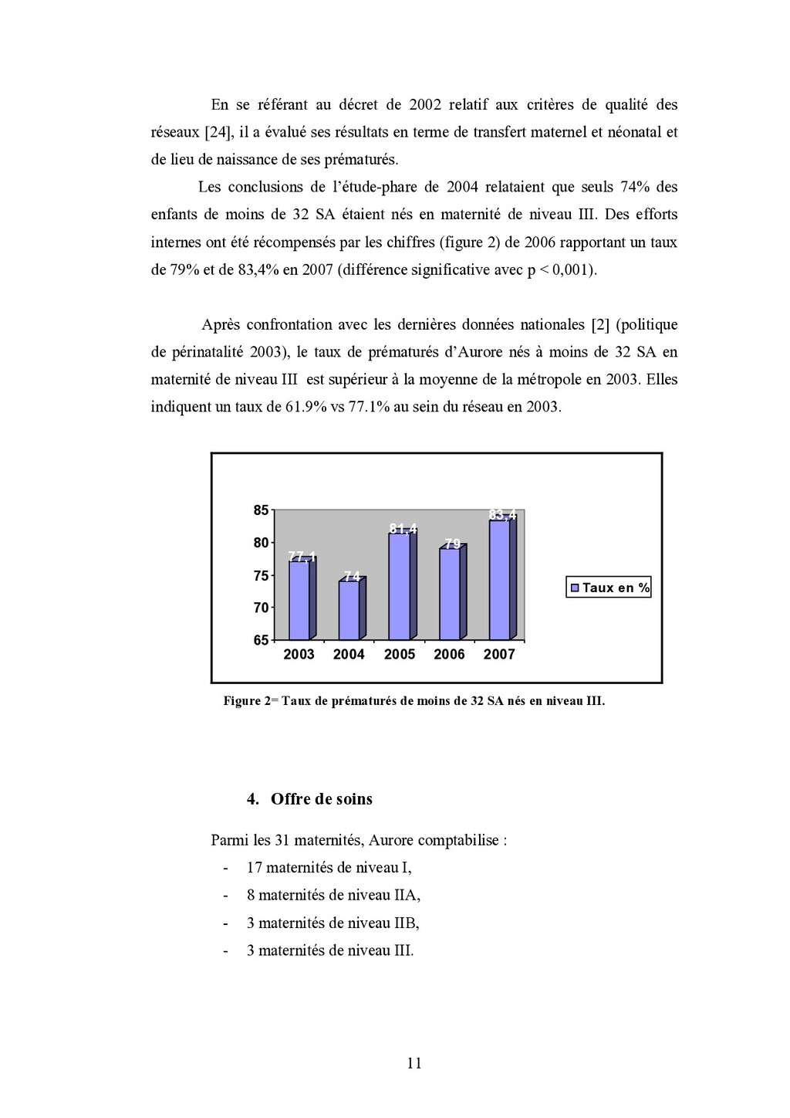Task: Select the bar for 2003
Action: click(x=299, y=600)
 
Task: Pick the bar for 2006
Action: click(x=449, y=594)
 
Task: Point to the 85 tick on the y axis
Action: click(x=261, y=510)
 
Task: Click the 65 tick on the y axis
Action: click(x=261, y=640)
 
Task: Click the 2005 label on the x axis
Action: click(x=400, y=655)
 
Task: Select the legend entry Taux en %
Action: click(x=609, y=588)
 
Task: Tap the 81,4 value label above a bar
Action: click(x=403, y=529)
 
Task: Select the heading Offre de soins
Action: click(x=321, y=799)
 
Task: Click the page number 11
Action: click(x=414, y=1063)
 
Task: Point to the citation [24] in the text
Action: click(x=218, y=132)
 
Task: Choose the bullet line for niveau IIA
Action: click(x=333, y=896)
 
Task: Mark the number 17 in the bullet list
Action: click(x=255, y=868)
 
